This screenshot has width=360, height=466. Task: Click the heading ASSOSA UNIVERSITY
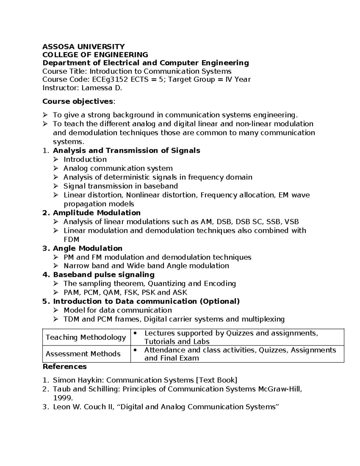click(83, 47)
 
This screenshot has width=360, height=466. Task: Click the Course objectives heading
click(78, 101)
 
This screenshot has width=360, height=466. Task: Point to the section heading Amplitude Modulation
click(97, 213)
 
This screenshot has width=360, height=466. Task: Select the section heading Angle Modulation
click(88, 248)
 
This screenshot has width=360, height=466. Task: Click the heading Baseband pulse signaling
click(104, 275)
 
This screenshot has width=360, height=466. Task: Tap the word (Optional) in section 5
click(220, 301)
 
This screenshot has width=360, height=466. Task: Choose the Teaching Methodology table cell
click(86, 337)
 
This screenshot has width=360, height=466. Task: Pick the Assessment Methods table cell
click(83, 354)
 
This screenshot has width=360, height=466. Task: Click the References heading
click(64, 367)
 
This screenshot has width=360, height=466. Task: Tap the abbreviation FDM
click(71, 239)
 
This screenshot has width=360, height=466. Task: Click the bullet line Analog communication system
click(118, 168)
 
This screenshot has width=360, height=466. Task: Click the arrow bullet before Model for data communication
click(56, 310)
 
